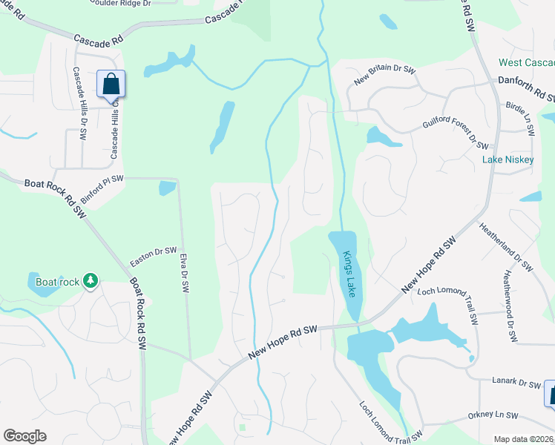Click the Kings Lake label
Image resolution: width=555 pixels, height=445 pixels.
tap(349, 273)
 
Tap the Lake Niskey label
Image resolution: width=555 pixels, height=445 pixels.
tap(508, 159)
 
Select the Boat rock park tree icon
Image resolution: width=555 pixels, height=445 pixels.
tap(91, 280)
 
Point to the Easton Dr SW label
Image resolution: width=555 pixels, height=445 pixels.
tap(154, 256)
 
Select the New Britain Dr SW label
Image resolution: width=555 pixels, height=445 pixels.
tap(385, 75)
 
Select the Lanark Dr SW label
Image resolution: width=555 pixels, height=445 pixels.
tap(517, 382)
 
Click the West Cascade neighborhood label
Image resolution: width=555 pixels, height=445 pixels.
tap(526, 62)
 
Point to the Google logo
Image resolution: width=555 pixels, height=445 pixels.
tap(24, 436)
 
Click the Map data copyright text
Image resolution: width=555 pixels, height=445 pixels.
tap(523, 439)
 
